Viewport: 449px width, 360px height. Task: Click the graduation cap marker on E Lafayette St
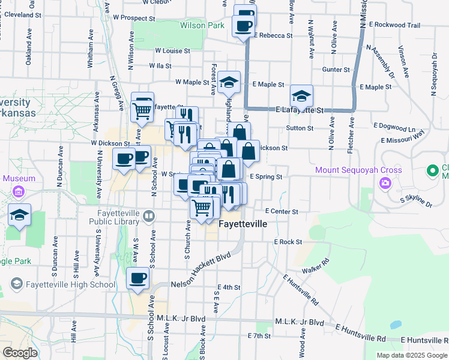[301, 96]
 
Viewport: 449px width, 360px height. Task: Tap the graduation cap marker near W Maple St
[229, 82]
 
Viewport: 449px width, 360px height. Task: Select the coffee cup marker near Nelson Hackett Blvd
[137, 278]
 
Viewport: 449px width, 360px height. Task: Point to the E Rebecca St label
[273, 35]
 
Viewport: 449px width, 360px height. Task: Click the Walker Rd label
[317, 266]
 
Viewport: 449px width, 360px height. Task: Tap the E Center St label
[282, 211]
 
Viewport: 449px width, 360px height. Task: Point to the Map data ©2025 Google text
[411, 355]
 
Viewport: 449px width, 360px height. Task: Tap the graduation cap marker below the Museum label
[20, 216]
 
